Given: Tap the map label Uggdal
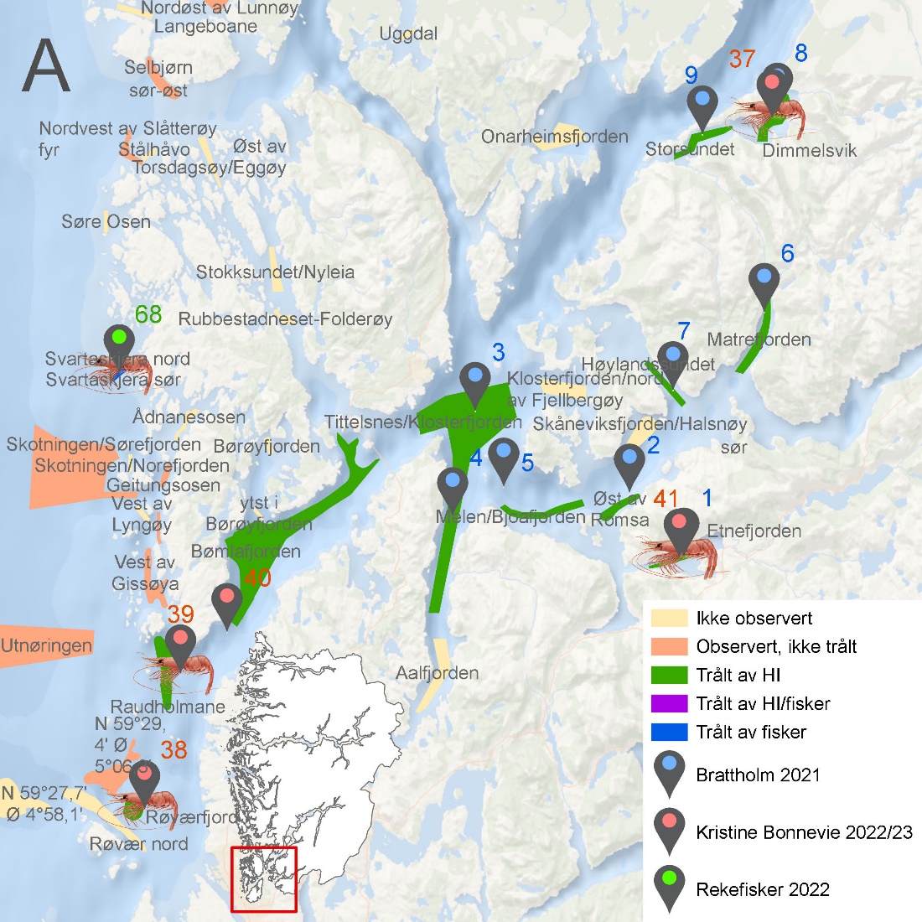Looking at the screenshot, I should [x=408, y=34].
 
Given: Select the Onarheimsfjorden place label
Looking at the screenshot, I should [x=554, y=137].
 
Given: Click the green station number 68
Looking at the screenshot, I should [x=148, y=314].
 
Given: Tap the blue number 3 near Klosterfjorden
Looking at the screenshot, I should [x=499, y=352].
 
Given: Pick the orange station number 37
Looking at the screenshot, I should [x=742, y=59].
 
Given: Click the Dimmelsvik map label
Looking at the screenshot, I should [x=810, y=151].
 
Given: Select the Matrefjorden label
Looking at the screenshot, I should [x=759, y=339].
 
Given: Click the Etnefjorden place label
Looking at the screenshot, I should [x=754, y=531].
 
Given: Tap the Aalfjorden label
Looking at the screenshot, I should [x=438, y=672].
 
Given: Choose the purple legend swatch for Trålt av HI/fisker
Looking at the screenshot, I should [x=669, y=703].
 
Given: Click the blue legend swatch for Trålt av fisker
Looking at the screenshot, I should [x=669, y=732].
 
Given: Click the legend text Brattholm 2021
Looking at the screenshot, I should [x=758, y=774].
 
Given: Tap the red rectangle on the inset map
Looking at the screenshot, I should [x=264, y=878].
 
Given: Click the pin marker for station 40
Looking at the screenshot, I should [x=227, y=603].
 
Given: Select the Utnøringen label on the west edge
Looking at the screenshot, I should [x=46, y=645].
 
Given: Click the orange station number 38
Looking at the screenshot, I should [x=174, y=749].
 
